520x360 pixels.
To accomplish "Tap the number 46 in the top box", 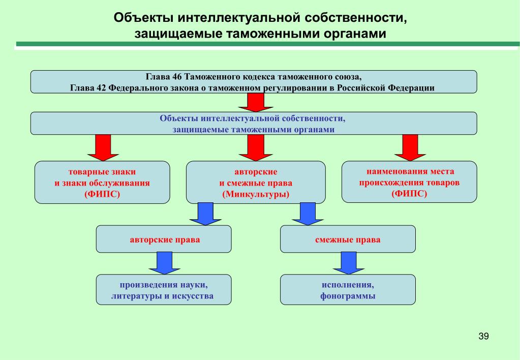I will (x=177, y=77).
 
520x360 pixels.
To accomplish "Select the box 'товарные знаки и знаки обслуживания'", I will (x=102, y=183).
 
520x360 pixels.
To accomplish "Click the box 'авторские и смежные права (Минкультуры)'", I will (x=255, y=183).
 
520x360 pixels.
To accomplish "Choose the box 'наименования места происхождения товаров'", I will (x=409, y=182).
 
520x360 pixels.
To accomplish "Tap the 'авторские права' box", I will (x=164, y=239).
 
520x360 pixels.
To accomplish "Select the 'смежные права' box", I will (x=348, y=239).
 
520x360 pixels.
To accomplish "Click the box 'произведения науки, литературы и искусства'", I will (x=164, y=290).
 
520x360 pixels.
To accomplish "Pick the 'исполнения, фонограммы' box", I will (x=348, y=290).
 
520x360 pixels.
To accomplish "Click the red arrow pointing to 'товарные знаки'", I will (x=103, y=147).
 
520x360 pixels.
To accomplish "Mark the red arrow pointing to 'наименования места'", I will (x=410, y=147).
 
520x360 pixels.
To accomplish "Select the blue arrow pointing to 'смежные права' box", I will (x=307, y=214).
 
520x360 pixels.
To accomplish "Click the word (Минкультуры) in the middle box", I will (x=255, y=194).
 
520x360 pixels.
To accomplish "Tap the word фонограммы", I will (x=348, y=296).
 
